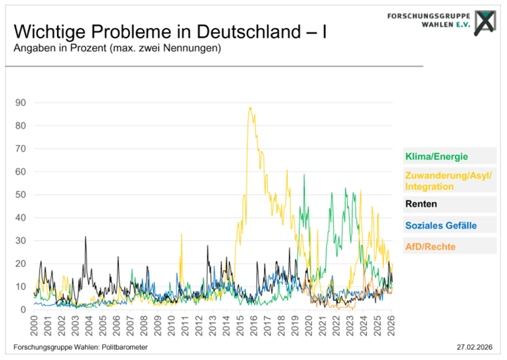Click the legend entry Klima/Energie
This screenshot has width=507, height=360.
point(437,156)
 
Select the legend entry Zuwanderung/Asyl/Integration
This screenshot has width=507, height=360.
point(449,181)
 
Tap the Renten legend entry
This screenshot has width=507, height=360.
point(421,204)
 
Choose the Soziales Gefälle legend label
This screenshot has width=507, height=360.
point(441,225)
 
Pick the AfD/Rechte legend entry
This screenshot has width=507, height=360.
point(431,247)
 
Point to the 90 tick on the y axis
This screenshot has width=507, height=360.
point(20,103)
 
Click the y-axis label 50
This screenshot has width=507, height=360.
point(20,194)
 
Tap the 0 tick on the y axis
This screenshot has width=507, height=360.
point(23,310)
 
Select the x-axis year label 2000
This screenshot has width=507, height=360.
point(34,326)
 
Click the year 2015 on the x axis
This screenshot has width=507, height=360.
point(240,326)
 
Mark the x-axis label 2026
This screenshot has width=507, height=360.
point(391,326)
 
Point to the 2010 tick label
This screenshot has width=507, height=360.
point(172,326)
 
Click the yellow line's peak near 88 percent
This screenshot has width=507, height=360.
point(250,108)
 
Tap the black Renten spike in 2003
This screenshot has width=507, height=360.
point(85,237)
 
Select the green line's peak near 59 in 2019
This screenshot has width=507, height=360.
point(304,174)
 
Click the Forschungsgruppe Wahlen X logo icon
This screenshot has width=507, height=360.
point(485,23)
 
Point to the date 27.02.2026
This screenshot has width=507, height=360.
point(474,347)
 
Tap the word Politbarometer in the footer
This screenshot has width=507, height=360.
point(125,347)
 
